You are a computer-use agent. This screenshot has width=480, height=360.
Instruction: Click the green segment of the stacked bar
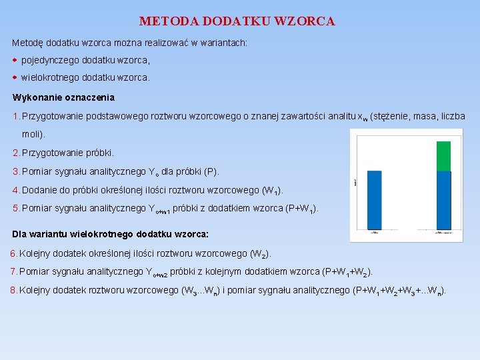[443, 155]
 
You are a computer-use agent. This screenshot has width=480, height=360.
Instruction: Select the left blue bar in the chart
[374, 200]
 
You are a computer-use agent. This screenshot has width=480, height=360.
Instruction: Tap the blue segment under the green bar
[443, 200]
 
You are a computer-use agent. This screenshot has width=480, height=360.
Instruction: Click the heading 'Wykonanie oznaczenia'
[64, 97]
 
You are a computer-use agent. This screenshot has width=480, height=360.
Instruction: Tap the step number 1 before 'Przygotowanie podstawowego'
[15, 117]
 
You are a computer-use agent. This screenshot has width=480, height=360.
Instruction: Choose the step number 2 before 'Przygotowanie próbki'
[15, 153]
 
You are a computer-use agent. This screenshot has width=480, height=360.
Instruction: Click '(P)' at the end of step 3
[211, 171]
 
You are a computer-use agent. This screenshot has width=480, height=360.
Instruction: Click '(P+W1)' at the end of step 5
[301, 209]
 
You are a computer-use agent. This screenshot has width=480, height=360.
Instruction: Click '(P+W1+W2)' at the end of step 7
[347, 272]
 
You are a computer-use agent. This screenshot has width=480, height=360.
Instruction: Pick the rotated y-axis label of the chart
[356, 181]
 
